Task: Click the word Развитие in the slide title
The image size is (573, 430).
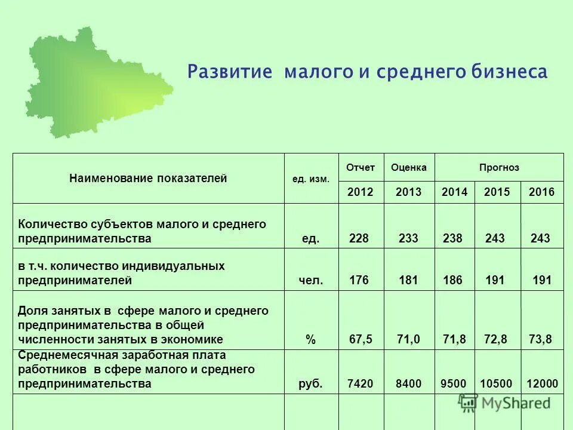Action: pyautogui.click(x=230, y=72)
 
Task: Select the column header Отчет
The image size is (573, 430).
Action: pyautogui.click(x=361, y=168)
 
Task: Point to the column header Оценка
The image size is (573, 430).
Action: pyautogui.click(x=409, y=168)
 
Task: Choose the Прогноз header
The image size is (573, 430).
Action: pyautogui.click(x=499, y=168)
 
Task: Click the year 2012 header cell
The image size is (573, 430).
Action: pyautogui.click(x=361, y=192)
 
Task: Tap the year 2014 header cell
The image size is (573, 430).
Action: pyautogui.click(x=454, y=192)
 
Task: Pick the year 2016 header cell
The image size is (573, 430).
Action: pyautogui.click(x=541, y=192)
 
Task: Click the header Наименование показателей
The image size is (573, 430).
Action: pyautogui.click(x=148, y=178)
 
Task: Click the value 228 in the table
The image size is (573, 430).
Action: pyautogui.click(x=359, y=239)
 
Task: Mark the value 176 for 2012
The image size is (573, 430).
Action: pyautogui.click(x=359, y=280)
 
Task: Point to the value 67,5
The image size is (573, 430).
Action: pyautogui.click(x=361, y=340)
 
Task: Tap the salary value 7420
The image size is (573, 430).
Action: pyautogui.click(x=360, y=384)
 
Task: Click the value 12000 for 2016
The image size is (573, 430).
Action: pyautogui.click(x=542, y=384)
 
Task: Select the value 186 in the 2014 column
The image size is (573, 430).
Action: pyautogui.click(x=452, y=280)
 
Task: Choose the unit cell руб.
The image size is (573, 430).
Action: pyautogui.click(x=310, y=384)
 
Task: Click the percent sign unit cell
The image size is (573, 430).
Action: pyautogui.click(x=310, y=340)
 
